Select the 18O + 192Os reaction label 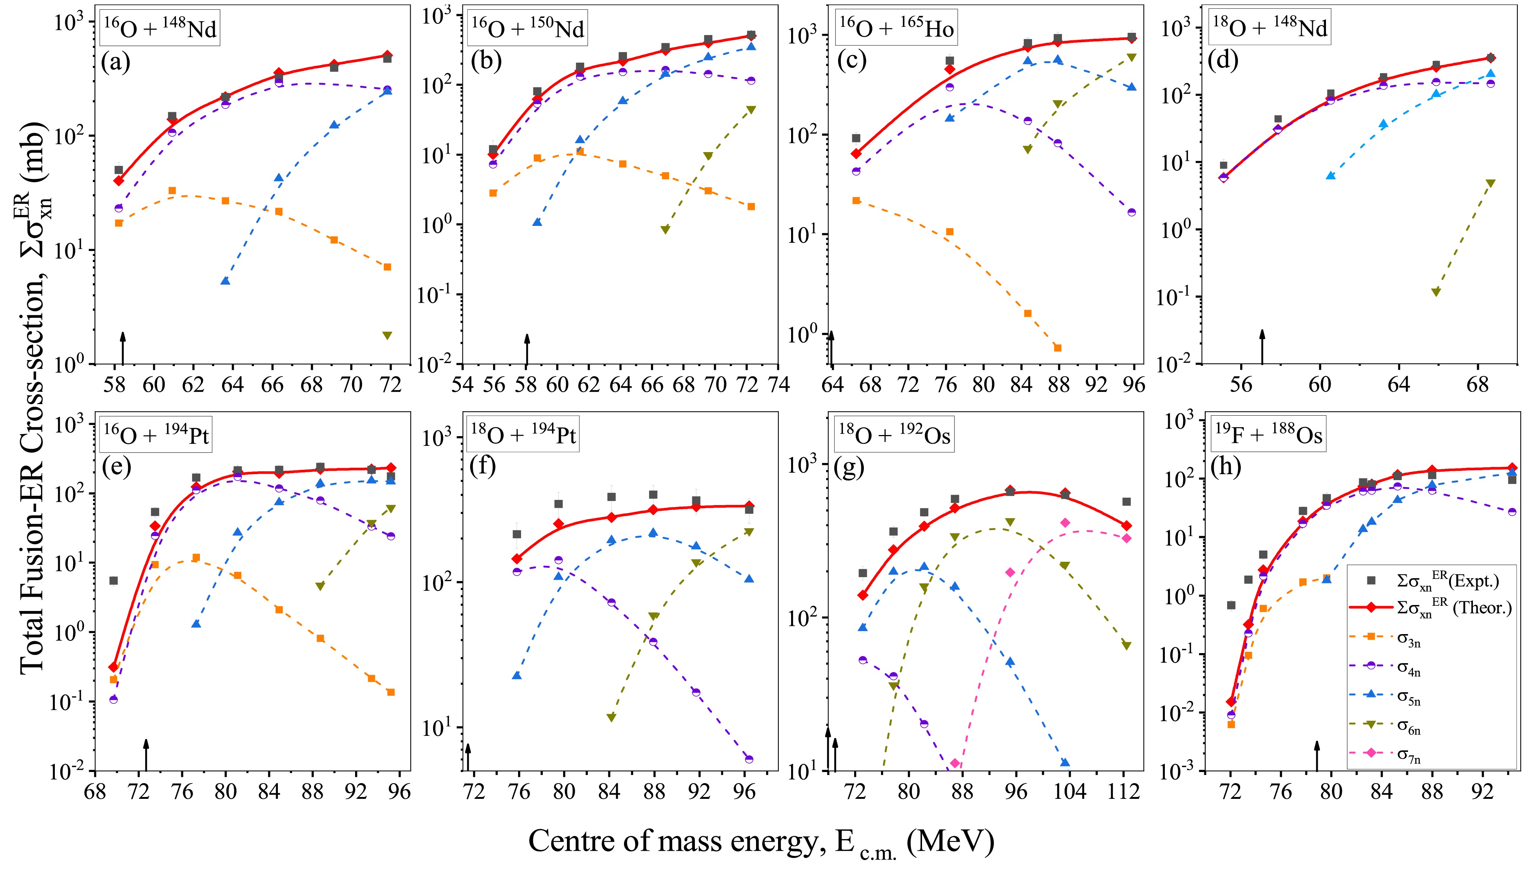pos(894,435)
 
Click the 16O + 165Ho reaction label pos(896,28)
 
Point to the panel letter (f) pos(483,467)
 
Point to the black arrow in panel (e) pos(145,754)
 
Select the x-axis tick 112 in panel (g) pos(1124,791)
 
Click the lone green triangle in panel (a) pos(387,335)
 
